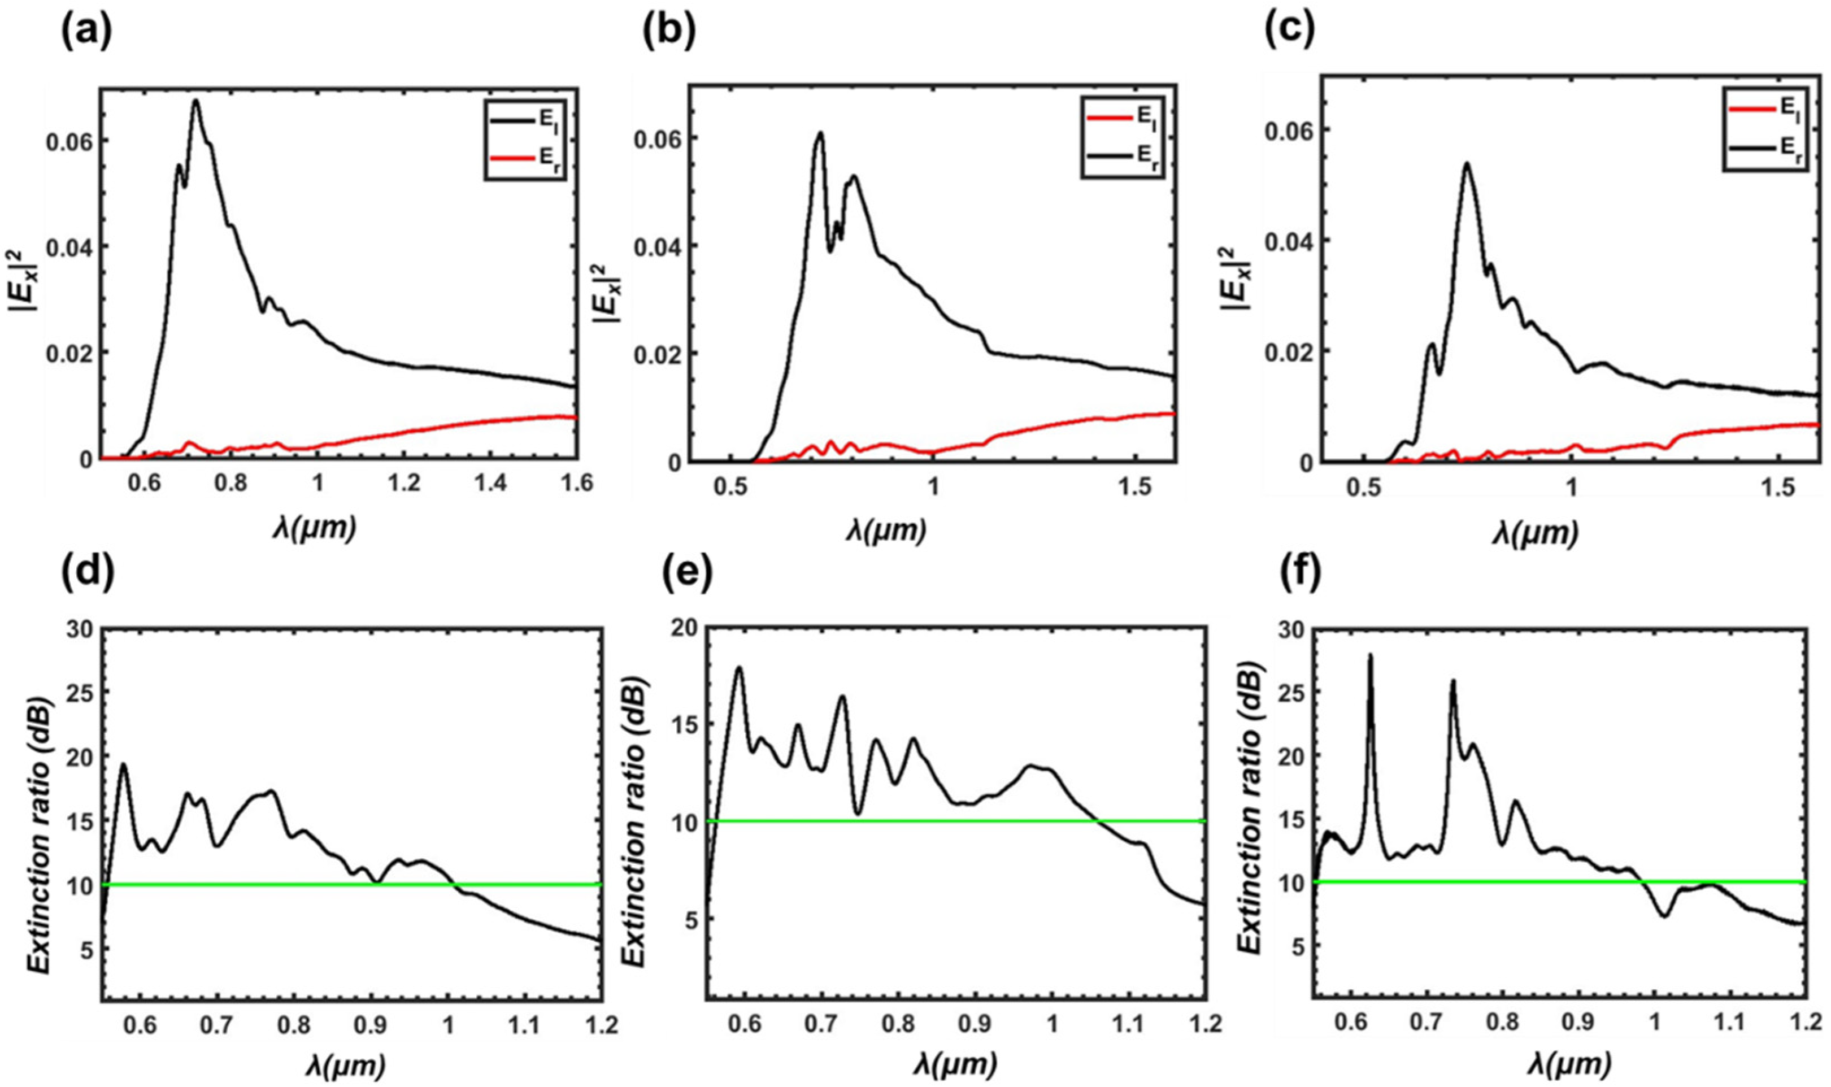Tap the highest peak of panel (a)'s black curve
[195, 101]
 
